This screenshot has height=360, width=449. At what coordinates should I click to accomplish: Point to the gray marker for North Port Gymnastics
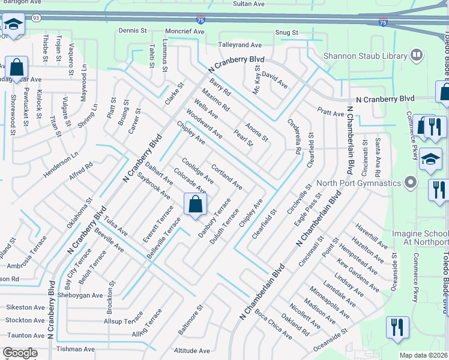(411, 182)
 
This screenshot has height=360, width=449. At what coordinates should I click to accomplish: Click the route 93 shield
(37, 17)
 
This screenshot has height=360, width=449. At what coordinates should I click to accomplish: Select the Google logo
(20, 352)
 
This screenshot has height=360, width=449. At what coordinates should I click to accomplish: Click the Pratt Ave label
(331, 113)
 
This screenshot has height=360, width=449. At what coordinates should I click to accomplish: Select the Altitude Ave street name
(191, 351)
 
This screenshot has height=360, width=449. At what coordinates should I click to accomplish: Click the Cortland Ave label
(227, 176)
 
